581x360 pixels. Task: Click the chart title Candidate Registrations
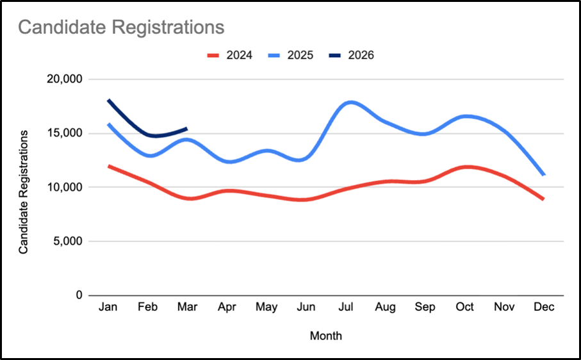(x=120, y=28)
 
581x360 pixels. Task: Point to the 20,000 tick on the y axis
(x=64, y=79)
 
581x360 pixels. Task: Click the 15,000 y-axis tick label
(x=64, y=133)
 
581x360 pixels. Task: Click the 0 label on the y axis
(x=79, y=295)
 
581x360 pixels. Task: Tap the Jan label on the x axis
(x=108, y=307)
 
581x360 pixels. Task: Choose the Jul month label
(x=346, y=307)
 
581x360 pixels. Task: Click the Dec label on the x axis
(x=544, y=307)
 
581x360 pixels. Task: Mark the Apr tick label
(x=227, y=307)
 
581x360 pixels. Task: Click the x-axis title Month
(x=326, y=336)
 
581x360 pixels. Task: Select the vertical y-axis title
(x=24, y=192)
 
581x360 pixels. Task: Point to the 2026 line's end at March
(x=186, y=128)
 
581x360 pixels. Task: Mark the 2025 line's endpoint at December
(x=544, y=175)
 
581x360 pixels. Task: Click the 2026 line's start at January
(x=108, y=100)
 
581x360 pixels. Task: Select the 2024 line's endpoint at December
(x=543, y=199)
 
